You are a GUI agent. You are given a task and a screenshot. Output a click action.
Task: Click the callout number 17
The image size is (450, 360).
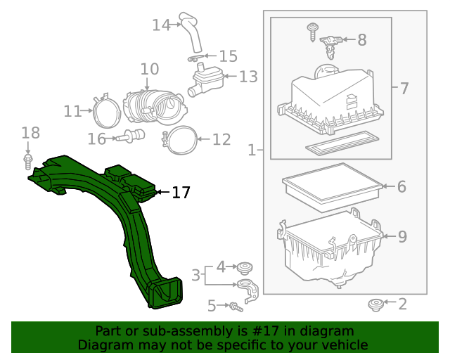pos(181,192)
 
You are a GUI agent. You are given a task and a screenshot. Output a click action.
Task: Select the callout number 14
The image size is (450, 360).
pos(161,25)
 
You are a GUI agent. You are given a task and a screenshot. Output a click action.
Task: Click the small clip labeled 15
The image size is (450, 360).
pos(197,57)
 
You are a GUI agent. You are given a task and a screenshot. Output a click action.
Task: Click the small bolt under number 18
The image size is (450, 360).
pos(28,162)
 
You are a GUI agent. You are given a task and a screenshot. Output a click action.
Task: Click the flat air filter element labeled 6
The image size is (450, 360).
pos(330,188)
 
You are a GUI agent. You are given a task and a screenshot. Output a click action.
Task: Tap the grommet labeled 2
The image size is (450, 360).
pos(375,304)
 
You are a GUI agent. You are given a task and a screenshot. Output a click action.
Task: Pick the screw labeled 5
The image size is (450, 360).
pos(236,306)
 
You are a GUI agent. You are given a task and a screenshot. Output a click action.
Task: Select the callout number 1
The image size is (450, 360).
pos(252,150)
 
